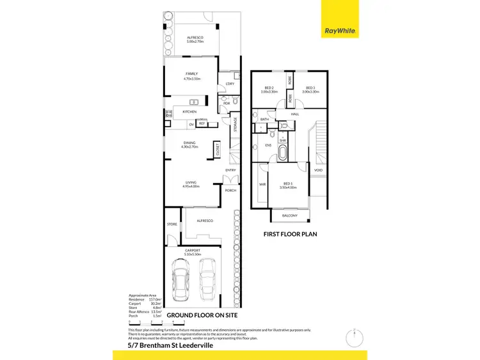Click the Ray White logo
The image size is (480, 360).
click(x=340, y=29)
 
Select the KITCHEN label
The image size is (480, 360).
click(x=189, y=112)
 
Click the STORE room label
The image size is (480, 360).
click(x=172, y=224)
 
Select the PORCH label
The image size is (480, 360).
click(x=230, y=191)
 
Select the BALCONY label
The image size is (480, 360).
click(x=289, y=215)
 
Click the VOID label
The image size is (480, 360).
click(x=318, y=171)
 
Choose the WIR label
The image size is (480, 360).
click(x=262, y=184)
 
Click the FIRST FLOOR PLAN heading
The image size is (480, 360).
click(x=291, y=234)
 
